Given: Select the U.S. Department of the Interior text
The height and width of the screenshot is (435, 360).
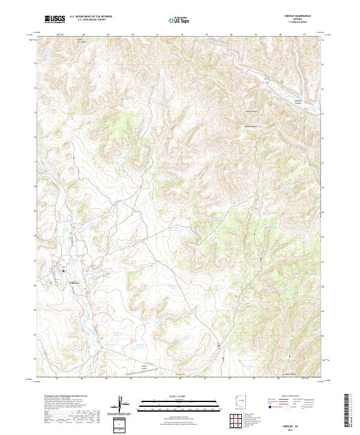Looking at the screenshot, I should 91,17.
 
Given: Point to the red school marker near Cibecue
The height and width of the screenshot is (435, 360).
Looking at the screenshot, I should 63,271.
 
